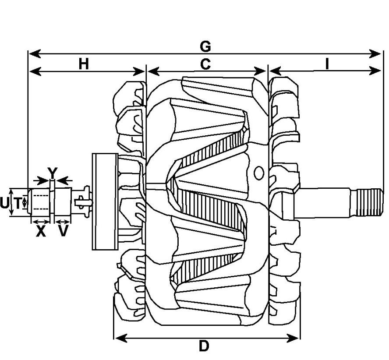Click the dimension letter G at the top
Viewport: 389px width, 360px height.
coord(205,46)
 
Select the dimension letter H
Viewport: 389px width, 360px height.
coord(84,64)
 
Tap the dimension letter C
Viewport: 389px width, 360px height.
coord(205,64)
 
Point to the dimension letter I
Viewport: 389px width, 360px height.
coord(327,64)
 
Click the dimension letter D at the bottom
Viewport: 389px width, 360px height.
coord(204,346)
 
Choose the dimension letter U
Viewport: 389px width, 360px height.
coord(4,203)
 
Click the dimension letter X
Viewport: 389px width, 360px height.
coord(41,231)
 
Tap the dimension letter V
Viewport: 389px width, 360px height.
coord(64,231)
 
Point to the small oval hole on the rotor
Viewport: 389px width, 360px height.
coord(259,173)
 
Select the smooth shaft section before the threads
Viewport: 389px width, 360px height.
coord(324,202)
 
